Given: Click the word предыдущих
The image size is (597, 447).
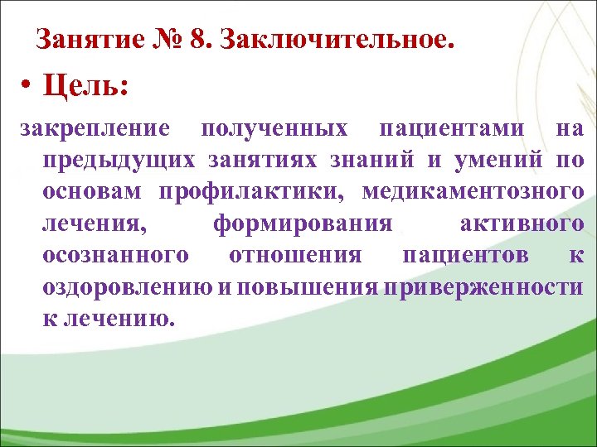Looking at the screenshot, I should (119, 161).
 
